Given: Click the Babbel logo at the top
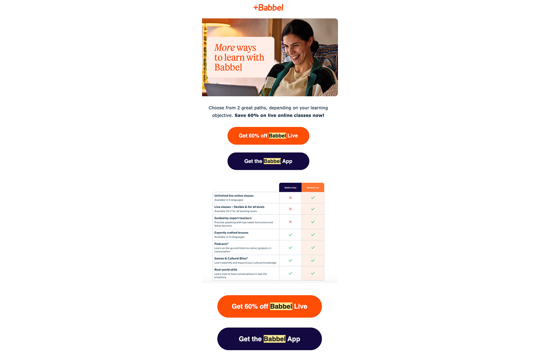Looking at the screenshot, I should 269,7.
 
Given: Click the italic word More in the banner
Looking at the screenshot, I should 225,48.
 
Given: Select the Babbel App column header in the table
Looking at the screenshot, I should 290,187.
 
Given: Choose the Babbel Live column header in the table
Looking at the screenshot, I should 313,187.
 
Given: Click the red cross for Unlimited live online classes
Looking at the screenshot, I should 290,198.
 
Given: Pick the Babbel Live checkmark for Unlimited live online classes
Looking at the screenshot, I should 313,198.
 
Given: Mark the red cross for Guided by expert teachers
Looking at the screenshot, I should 290,222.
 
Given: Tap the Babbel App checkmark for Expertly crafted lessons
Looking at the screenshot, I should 290,234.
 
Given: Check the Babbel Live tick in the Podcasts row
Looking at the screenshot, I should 313,247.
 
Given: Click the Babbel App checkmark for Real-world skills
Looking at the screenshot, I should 290,273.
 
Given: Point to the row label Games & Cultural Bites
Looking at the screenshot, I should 231,258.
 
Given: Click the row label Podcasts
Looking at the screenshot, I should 221,244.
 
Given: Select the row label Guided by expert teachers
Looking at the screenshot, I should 233,218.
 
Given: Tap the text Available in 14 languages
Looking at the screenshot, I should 230,237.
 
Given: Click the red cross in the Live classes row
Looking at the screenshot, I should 290,209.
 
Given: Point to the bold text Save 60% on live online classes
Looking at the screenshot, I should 279,116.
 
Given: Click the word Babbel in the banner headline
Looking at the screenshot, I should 228,67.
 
